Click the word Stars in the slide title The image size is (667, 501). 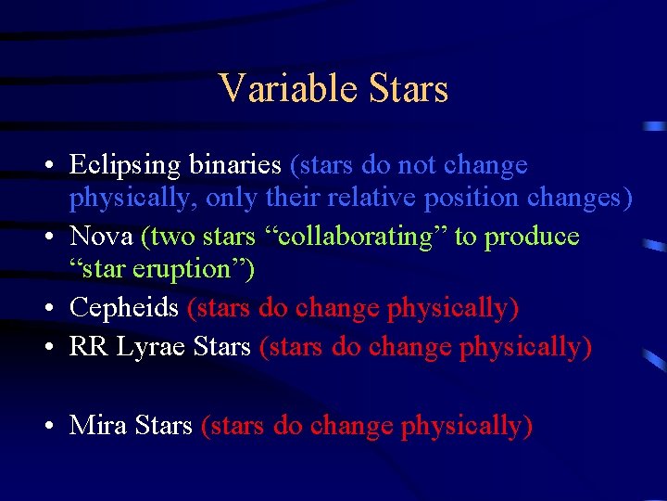[x=408, y=89]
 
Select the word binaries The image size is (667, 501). [x=235, y=166]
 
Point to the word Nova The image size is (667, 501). [x=102, y=237]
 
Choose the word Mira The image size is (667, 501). [x=98, y=426]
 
